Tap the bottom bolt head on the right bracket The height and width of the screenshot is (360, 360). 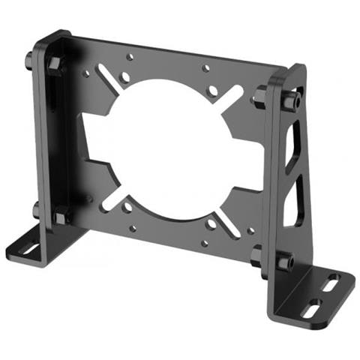coord(283,262)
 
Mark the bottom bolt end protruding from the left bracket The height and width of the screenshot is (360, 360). coord(35,209)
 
